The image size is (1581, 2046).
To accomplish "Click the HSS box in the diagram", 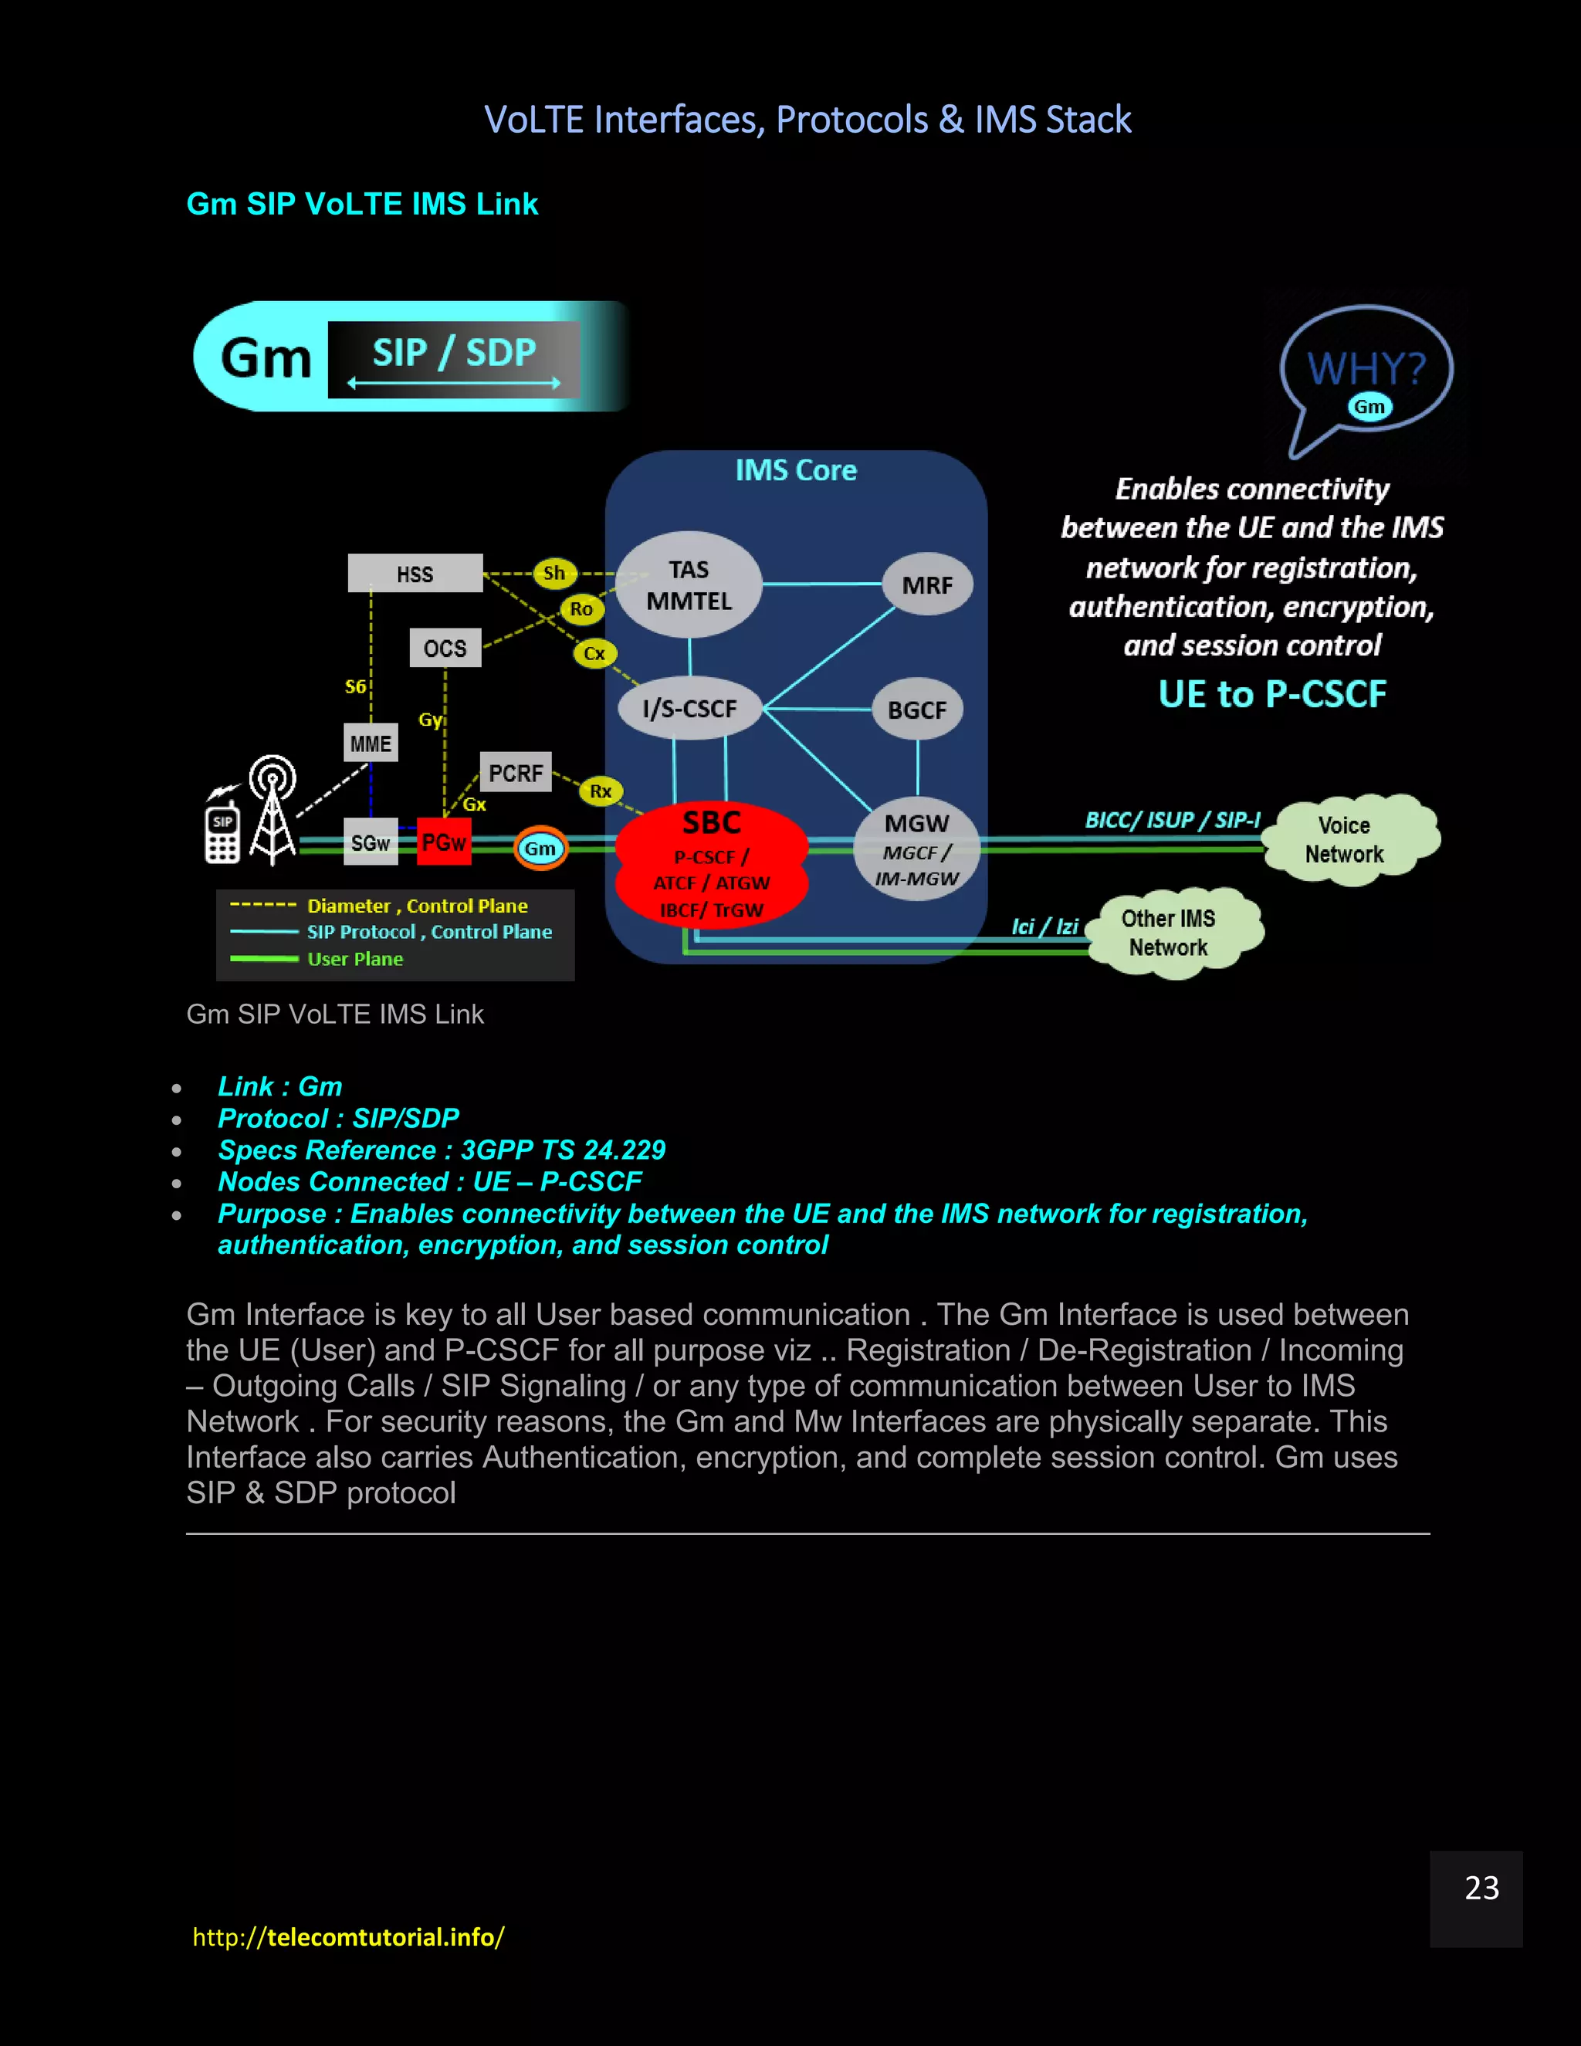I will click(x=415, y=574).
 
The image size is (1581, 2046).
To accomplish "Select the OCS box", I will click(x=445, y=649).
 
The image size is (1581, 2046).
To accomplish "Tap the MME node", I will click(x=370, y=743).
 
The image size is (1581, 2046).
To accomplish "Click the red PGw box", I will click(x=443, y=842).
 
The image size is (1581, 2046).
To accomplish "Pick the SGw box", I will click(x=371, y=843).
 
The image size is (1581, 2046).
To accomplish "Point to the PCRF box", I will click(x=515, y=773).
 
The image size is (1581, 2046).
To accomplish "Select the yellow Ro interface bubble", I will click(x=581, y=609).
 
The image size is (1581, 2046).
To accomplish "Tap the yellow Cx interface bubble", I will click(x=594, y=653).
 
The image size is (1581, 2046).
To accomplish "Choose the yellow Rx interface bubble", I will click(x=601, y=791).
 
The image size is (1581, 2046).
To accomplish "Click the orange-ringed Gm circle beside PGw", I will click(x=540, y=849).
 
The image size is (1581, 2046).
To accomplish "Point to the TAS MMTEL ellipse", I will click(x=689, y=585).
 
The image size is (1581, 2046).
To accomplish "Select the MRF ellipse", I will click(x=927, y=584).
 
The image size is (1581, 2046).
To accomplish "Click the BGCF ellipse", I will click(x=917, y=710).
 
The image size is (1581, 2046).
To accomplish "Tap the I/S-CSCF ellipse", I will click(x=690, y=708).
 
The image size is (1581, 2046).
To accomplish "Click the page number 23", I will click(x=1481, y=1888).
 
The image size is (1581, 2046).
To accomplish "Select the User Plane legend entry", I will click(x=355, y=959).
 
